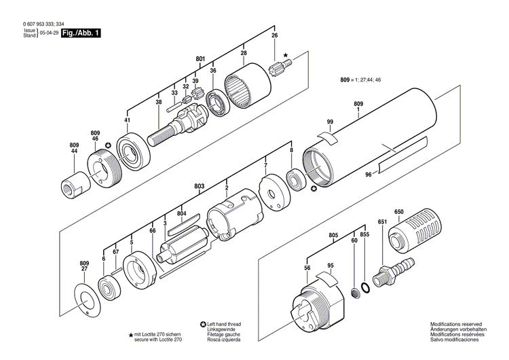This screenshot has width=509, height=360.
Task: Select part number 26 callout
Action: pos(275,35)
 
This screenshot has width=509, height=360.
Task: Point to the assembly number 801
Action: pos(200,60)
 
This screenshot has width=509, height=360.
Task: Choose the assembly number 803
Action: pos(199,185)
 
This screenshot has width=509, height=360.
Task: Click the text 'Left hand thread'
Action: pos(226,325)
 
